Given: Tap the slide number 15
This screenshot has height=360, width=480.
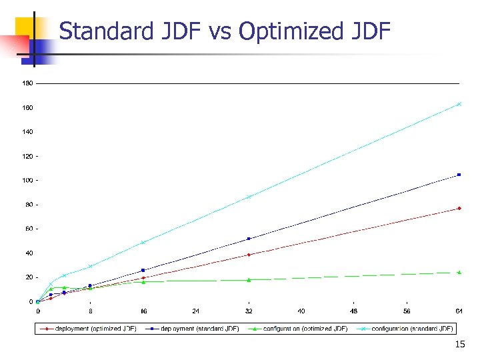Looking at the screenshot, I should click(x=459, y=345).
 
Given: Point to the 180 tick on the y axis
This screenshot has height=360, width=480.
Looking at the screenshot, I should click(x=27, y=83).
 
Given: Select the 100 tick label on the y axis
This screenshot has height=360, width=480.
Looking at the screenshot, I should click(x=27, y=181).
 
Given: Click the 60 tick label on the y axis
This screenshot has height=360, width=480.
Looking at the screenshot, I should click(x=29, y=229).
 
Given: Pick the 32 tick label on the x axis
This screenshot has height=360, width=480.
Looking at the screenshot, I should click(x=249, y=311).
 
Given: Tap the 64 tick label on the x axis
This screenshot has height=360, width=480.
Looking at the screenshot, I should click(x=459, y=311).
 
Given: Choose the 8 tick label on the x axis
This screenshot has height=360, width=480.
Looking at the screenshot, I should click(x=91, y=311).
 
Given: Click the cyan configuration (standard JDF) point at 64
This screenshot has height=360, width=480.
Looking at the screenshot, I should click(x=459, y=104).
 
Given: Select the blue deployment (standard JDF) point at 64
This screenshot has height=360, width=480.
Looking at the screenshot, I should click(x=459, y=175).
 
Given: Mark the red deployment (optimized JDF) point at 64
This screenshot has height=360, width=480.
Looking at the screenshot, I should click(x=459, y=209).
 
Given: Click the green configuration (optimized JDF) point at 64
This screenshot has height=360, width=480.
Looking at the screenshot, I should click(x=459, y=272).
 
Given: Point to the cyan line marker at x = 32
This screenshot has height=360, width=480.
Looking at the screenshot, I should click(x=249, y=197).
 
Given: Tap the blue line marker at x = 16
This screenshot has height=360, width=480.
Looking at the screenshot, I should click(x=143, y=270).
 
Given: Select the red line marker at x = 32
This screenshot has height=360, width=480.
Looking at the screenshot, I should click(x=249, y=255).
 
